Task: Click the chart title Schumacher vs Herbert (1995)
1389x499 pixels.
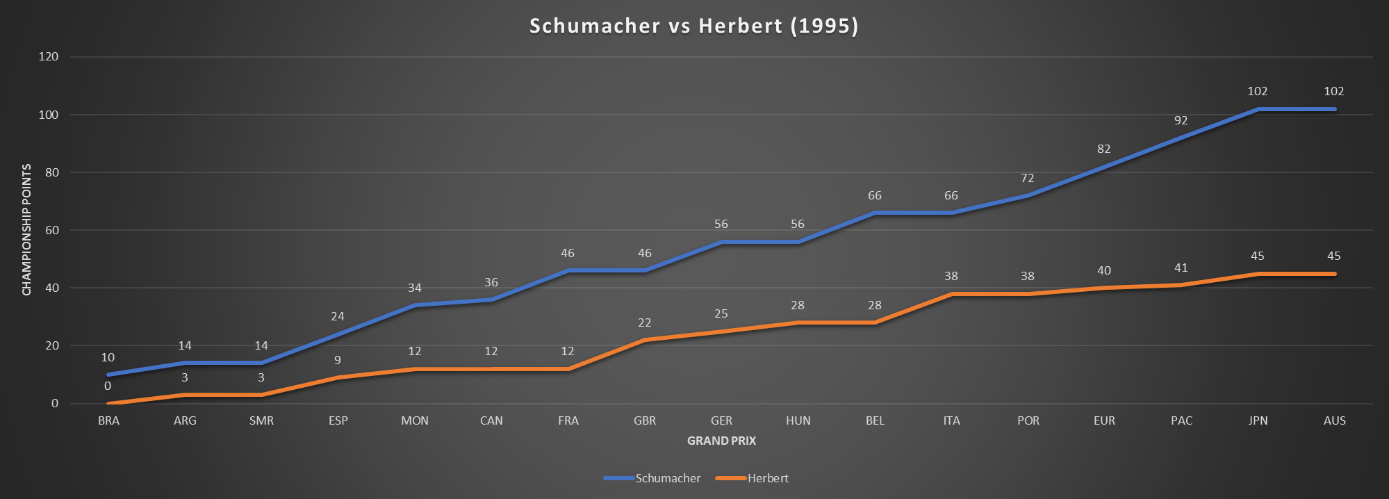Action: [693, 26]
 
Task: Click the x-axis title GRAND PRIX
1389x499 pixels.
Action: [721, 441]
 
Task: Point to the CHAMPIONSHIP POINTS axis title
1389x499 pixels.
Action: [27, 229]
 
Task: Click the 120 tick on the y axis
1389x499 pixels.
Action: [49, 56]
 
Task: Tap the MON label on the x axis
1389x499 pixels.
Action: [415, 420]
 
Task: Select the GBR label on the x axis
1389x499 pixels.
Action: [645, 420]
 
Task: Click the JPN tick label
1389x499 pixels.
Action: [1258, 420]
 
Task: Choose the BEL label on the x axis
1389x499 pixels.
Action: [875, 420]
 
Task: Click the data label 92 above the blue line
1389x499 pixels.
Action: [1181, 120]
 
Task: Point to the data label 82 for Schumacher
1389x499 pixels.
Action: [1104, 149]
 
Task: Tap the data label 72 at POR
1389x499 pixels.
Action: [1028, 178]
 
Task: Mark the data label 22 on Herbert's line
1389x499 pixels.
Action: [645, 322]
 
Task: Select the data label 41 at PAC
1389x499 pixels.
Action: [1181, 268]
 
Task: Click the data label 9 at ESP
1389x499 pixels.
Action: [338, 360]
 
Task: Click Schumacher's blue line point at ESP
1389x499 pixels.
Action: [338, 334]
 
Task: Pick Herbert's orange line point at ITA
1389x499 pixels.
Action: [951, 294]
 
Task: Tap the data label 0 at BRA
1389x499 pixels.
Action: [108, 386]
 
